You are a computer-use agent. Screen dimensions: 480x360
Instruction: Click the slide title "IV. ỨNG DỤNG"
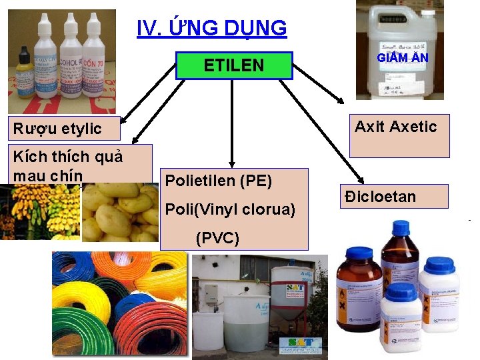(x=212, y=29)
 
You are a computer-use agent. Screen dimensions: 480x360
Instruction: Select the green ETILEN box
(x=234, y=65)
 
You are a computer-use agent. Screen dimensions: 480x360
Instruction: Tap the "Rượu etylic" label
(x=57, y=129)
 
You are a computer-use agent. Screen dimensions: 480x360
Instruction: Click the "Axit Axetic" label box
(x=396, y=127)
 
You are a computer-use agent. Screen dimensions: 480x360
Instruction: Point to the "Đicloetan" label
(x=390, y=197)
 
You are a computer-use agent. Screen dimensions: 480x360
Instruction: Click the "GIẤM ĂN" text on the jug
(x=402, y=58)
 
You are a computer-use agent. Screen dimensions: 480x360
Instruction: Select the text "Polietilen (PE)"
(x=218, y=181)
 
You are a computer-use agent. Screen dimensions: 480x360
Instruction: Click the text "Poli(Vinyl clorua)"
(x=230, y=209)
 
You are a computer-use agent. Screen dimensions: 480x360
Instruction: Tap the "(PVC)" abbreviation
(x=217, y=237)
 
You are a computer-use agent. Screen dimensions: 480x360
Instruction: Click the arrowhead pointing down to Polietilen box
(x=231, y=162)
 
